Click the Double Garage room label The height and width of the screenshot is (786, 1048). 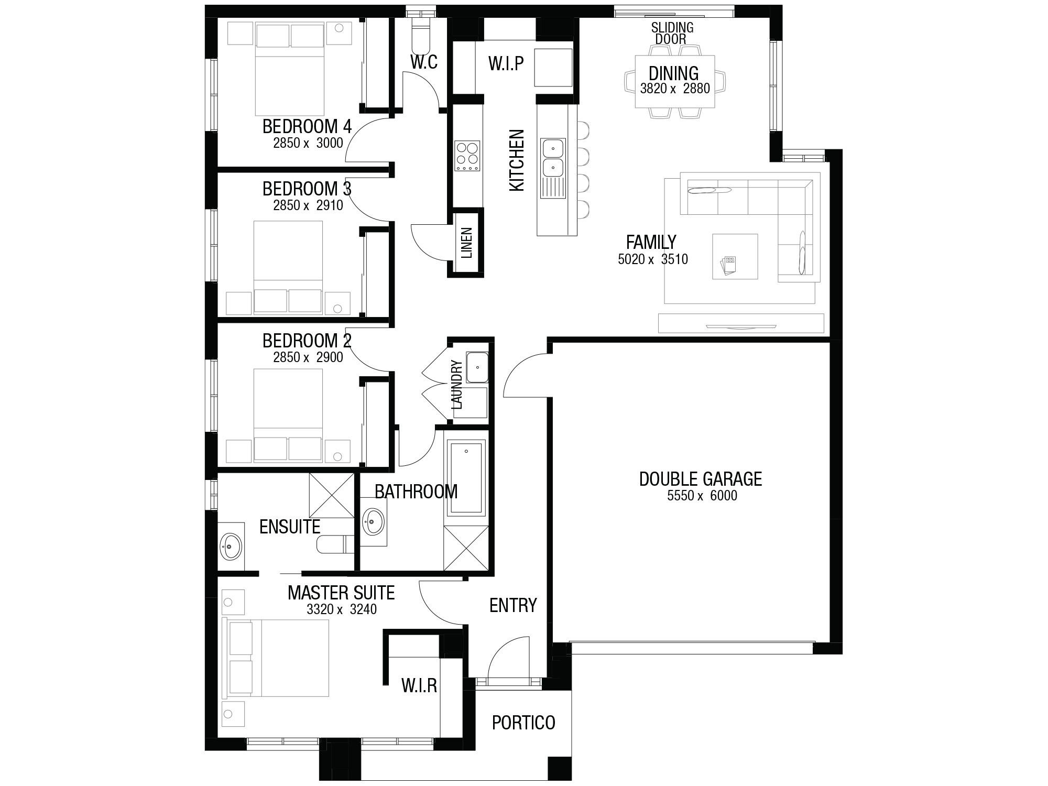(701, 479)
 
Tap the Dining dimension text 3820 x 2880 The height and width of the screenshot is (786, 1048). (675, 89)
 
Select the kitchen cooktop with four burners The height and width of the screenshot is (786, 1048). (467, 156)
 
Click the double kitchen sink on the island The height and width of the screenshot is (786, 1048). (553, 158)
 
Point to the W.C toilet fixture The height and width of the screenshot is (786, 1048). (421, 32)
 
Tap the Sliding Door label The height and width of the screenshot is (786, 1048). (672, 33)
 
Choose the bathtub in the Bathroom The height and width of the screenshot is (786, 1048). (466, 477)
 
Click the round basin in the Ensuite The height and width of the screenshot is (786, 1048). (231, 546)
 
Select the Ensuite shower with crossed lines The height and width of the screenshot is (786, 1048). (331, 495)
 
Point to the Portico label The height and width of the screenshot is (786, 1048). (523, 723)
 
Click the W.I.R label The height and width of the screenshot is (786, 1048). (419, 685)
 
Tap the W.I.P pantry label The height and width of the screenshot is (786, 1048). (506, 63)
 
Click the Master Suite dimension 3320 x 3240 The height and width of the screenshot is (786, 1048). (342, 609)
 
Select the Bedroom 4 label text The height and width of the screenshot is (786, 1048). (307, 126)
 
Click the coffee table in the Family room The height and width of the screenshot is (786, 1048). (735, 256)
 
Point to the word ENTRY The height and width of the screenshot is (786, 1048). (513, 605)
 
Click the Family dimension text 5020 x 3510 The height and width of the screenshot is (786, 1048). (653, 259)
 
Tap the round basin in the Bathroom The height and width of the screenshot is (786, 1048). (373, 521)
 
